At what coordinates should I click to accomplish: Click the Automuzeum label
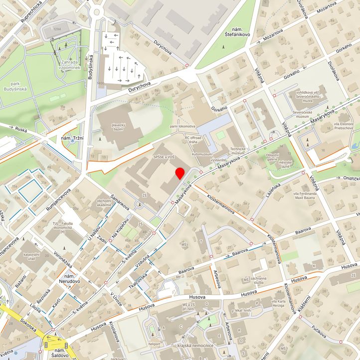202,154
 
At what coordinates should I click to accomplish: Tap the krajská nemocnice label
195,345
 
